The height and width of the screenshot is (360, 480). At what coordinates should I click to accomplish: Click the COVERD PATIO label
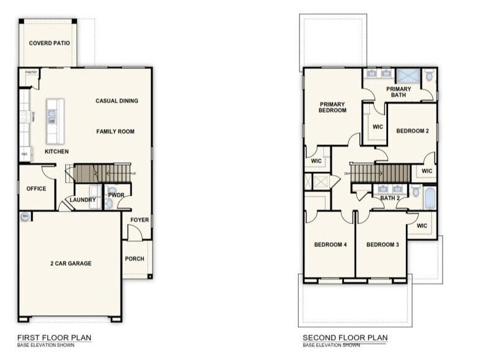(49, 43)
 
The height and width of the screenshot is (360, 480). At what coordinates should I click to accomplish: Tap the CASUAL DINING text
(116, 101)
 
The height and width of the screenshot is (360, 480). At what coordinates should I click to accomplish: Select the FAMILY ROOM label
(115, 132)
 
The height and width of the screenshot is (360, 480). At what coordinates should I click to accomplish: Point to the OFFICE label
(36, 189)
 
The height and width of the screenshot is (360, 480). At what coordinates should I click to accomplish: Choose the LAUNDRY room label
(82, 200)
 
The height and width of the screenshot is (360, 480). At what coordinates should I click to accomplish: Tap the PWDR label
(116, 195)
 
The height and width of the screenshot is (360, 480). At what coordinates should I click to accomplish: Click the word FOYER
(140, 220)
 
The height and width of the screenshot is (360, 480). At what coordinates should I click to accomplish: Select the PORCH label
(135, 258)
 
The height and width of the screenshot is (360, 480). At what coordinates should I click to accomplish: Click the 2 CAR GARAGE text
(70, 263)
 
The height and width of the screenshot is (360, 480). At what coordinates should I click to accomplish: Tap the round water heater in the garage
(25, 216)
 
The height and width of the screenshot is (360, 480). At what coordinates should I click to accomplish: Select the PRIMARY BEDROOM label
(332, 107)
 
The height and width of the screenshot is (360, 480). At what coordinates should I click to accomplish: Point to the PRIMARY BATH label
(399, 92)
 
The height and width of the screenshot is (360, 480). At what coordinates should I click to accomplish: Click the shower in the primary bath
(407, 76)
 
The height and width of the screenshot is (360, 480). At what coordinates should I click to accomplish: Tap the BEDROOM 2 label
(411, 131)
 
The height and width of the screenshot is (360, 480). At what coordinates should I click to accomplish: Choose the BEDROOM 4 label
(331, 245)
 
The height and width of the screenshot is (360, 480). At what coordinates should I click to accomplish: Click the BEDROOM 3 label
(383, 245)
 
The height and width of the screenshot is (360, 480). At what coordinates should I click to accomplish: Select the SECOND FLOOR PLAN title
(345, 338)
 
